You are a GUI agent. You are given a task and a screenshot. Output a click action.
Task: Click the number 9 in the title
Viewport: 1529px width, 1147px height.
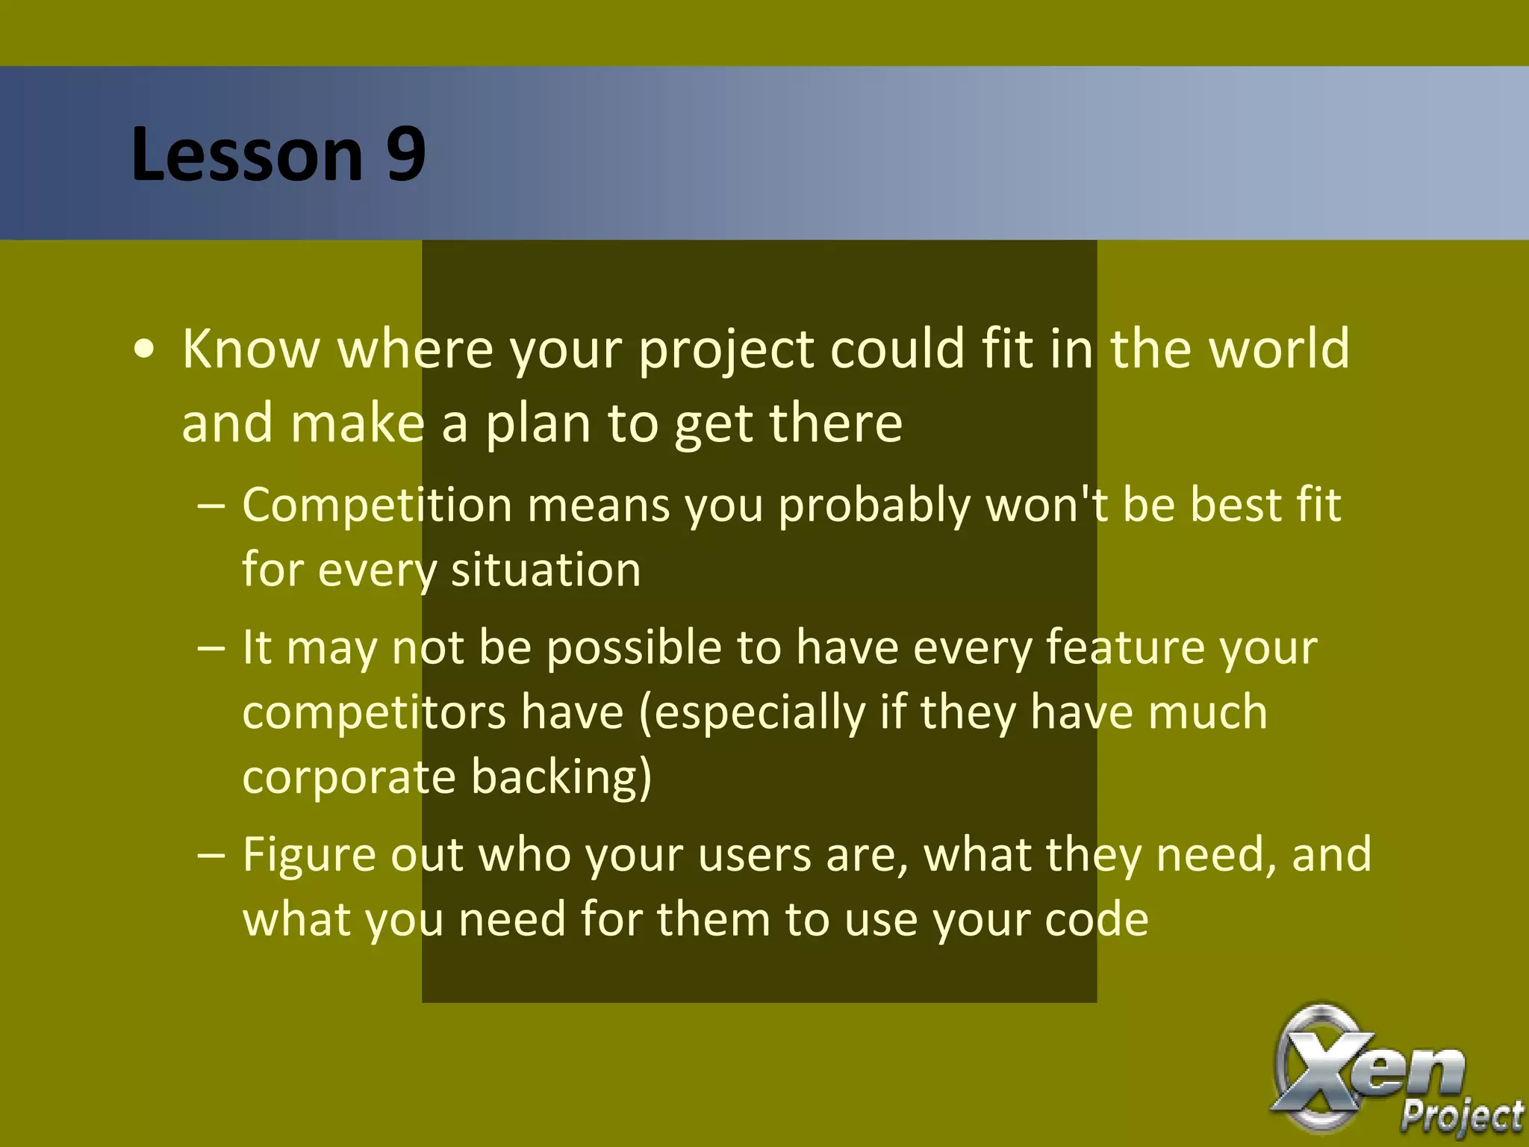pyautogui.click(x=405, y=154)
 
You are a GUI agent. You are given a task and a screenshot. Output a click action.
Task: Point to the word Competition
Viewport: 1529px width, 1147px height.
pyautogui.click(x=377, y=505)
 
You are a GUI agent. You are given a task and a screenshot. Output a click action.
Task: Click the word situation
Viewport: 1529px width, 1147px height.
pyautogui.click(x=546, y=570)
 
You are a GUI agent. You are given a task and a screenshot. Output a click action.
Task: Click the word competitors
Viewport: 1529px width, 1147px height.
pyautogui.click(x=374, y=712)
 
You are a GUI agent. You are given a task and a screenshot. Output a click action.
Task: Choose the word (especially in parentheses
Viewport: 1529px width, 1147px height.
pyautogui.click(x=751, y=712)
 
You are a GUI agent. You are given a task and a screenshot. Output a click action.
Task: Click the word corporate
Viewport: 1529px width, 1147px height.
pyautogui.click(x=349, y=777)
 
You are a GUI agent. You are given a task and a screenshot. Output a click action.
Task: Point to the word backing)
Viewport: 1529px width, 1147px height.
pyautogui.click(x=561, y=777)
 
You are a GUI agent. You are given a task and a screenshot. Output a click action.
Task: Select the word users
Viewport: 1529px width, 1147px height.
pyautogui.click(x=754, y=854)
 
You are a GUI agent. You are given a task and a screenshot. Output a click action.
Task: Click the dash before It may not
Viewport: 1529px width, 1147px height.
pyautogui.click(x=211, y=647)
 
